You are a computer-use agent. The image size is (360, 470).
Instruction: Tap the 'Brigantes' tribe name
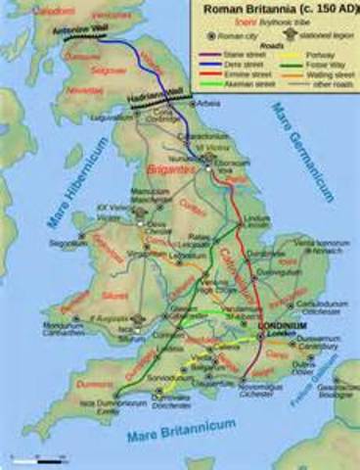170,169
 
